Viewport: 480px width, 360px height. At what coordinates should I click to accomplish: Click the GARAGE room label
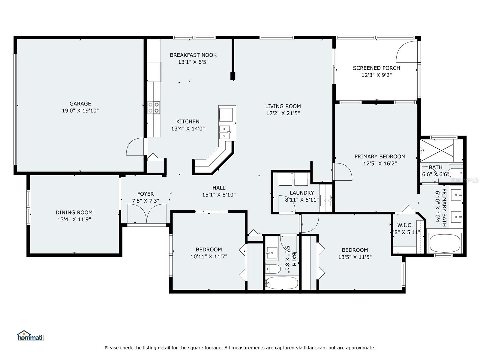80,103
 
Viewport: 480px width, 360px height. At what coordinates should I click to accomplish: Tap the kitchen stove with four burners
154,107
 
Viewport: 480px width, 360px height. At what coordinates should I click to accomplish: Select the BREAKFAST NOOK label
193,55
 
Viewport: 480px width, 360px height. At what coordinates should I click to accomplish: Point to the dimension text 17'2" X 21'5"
283,113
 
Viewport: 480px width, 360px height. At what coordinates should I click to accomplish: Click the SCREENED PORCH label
376,68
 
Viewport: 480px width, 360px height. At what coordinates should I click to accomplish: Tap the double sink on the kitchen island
225,132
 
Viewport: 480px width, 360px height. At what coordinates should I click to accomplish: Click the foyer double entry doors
146,214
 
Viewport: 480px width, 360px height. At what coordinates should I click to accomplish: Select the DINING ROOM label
74,212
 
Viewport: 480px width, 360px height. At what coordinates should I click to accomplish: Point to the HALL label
219,188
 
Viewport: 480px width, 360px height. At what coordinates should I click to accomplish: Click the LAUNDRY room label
302,193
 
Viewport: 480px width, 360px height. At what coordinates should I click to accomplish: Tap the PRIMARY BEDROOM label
380,157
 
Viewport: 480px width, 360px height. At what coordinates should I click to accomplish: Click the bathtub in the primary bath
445,243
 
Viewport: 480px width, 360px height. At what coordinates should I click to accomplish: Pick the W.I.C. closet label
405,225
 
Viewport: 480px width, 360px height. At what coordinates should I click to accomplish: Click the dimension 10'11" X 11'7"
208,256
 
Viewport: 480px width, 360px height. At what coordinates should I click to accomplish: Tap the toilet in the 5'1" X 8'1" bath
273,269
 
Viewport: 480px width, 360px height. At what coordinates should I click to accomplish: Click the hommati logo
31,335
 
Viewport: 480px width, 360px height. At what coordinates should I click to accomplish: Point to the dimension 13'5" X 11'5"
355,257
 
